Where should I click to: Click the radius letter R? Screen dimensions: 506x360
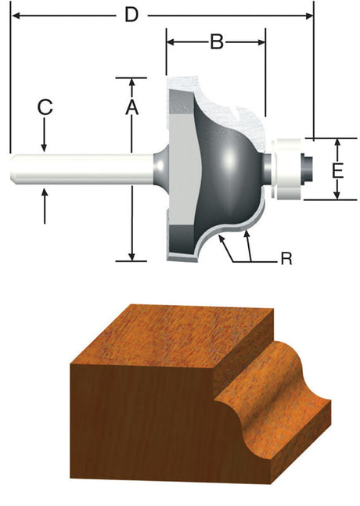tap(286, 258)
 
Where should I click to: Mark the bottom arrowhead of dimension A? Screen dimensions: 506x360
tap(133, 256)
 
